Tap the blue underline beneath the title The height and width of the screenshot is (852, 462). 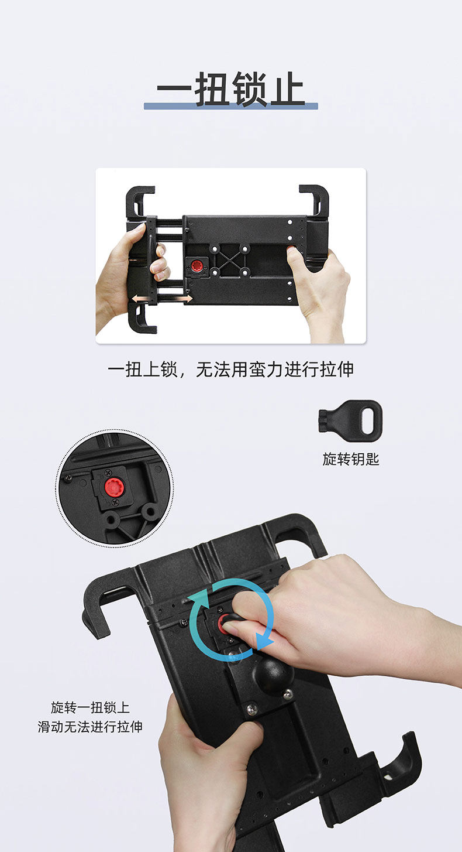pos(230,106)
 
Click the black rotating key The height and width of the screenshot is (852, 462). pos(350,420)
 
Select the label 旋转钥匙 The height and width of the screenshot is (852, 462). pos(351,459)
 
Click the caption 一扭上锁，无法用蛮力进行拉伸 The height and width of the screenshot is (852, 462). pos(230,369)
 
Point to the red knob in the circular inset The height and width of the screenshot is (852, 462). pos(113,487)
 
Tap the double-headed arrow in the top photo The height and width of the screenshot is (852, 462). pos(162,300)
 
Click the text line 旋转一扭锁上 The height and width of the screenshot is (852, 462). pos(90,707)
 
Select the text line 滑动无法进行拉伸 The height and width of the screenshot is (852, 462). pos(90,727)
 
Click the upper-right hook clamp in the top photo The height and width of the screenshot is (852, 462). pos(314,201)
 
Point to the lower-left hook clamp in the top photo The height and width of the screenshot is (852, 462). pos(142,320)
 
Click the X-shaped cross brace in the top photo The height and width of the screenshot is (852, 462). pos(230,260)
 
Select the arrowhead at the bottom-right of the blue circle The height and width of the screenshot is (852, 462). pos(264,640)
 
